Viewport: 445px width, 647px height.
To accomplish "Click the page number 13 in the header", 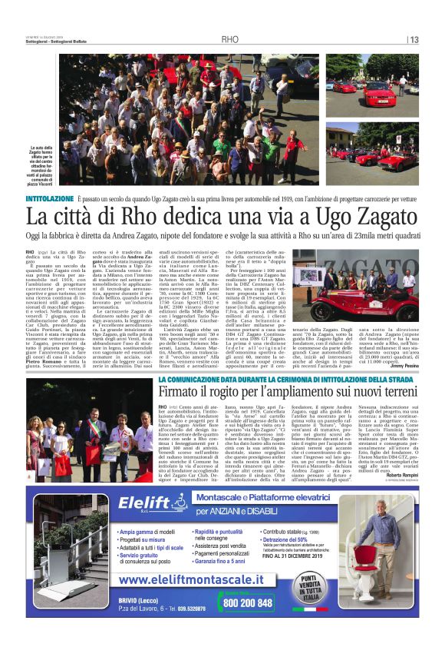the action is [x=413, y=40].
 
